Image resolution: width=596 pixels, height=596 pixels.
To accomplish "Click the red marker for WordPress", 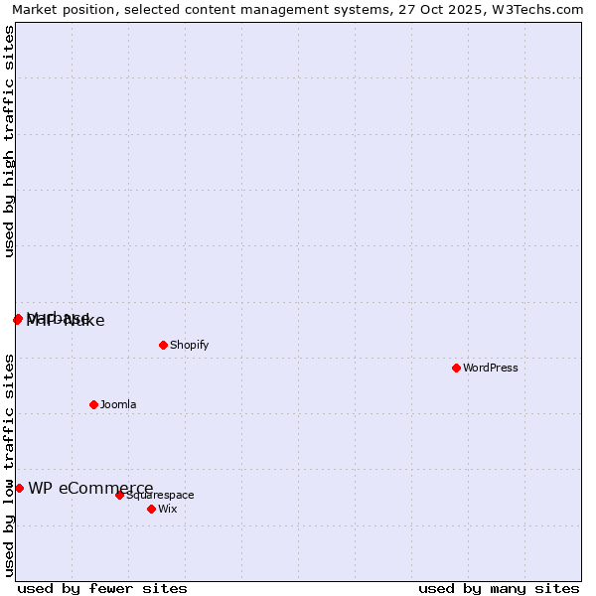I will (x=456, y=368).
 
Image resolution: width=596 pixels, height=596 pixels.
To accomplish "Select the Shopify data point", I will (x=163, y=345).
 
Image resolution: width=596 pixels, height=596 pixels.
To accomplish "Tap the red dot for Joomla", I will (x=93, y=404).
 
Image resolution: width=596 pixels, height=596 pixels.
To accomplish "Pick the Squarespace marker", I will (x=119, y=495).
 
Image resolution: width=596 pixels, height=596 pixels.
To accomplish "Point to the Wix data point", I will (x=151, y=509).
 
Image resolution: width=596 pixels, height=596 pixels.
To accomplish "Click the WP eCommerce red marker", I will (x=19, y=488).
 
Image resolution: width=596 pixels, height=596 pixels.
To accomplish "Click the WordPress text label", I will (x=491, y=369).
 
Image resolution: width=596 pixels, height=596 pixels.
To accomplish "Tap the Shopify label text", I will (x=189, y=346).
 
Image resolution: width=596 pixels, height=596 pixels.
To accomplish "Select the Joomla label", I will (x=118, y=405).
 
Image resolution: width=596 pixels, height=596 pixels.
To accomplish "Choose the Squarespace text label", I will (x=160, y=496).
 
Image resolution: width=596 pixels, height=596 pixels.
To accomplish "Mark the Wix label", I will (x=168, y=510).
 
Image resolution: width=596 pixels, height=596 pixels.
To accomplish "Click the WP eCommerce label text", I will (x=90, y=488).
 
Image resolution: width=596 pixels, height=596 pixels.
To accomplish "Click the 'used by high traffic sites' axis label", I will (x=10, y=142).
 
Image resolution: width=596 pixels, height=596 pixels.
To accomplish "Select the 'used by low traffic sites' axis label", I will (x=10, y=465).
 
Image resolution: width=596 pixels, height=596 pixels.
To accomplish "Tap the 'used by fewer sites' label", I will (x=102, y=588).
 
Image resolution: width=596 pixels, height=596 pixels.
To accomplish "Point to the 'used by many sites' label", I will (x=499, y=588).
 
